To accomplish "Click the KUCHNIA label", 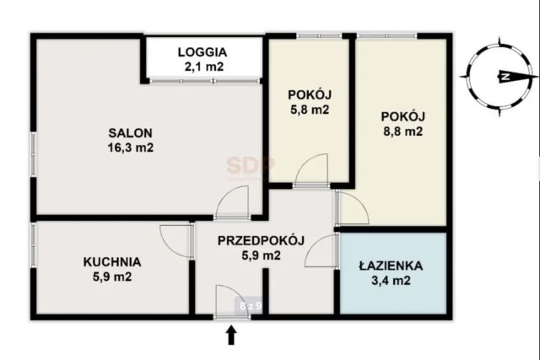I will click(112, 261).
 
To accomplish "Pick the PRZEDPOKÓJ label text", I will click(261, 240).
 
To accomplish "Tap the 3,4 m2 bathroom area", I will click(389, 281).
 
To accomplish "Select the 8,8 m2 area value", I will click(401, 131).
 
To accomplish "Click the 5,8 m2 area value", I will click(308, 110).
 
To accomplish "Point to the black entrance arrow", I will click(230, 336).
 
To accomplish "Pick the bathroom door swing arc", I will click(322, 250).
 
